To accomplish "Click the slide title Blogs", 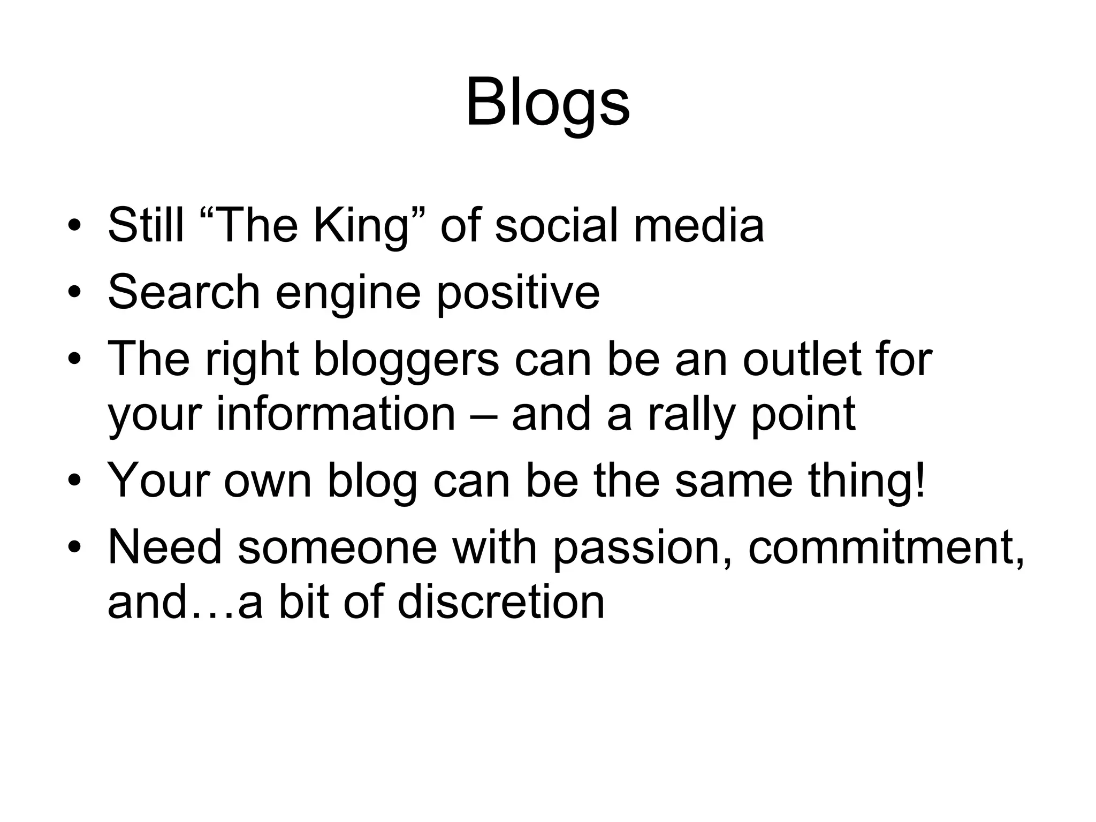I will pos(547,103).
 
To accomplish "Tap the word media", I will pos(699,225).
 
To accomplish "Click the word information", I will pos(335,414).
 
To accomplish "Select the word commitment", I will pos(886,548).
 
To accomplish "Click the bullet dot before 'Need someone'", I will pos(74,547).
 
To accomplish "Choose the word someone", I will pos(337,548).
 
